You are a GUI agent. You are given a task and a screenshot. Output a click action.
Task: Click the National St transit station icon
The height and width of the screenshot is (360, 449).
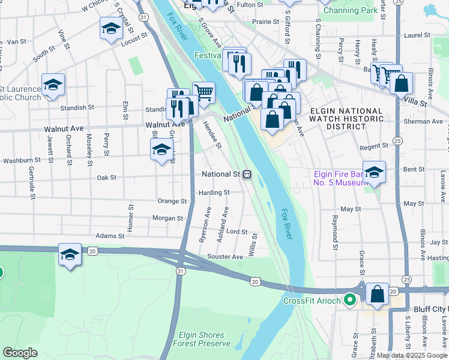click(247, 175)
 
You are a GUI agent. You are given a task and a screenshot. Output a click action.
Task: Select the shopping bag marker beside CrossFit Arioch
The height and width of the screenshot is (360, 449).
click(378, 295)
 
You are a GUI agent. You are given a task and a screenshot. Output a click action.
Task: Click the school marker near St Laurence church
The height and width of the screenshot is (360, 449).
click(53, 86)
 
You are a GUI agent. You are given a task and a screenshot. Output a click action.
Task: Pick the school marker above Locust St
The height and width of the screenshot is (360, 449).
click(110, 29)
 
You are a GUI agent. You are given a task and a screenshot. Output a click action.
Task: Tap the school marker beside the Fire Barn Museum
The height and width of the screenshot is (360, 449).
click(374, 173)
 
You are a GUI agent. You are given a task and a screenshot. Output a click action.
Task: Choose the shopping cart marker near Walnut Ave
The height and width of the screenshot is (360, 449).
click(203, 92)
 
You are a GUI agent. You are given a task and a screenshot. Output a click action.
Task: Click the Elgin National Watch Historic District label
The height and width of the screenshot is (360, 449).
click(346, 119)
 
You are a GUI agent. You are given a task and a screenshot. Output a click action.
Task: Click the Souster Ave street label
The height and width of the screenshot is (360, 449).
click(225, 257)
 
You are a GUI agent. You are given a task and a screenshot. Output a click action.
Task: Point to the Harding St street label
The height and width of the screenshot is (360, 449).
click(214, 193)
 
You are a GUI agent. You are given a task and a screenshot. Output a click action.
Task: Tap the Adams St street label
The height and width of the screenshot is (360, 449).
click(109, 236)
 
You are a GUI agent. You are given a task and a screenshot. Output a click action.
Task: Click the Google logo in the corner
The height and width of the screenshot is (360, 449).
click(20, 353)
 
